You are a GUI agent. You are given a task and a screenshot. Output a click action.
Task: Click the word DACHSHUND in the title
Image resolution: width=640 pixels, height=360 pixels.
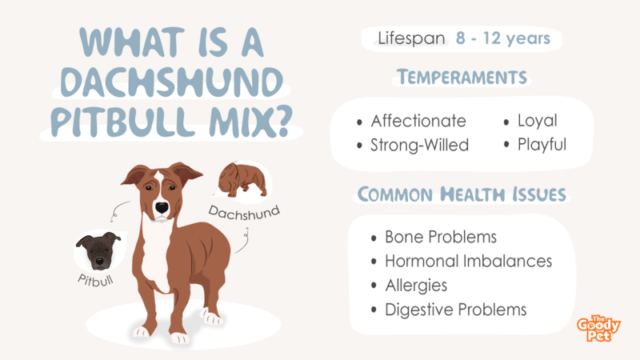172,82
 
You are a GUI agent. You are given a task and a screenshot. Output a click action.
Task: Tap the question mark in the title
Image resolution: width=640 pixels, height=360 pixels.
281,121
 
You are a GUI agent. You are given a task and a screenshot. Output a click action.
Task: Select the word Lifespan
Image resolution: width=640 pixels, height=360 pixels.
411,38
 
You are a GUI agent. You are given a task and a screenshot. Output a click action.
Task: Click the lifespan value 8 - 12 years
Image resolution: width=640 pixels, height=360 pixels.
503,38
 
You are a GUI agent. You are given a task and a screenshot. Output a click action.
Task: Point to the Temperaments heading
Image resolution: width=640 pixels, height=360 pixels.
462,77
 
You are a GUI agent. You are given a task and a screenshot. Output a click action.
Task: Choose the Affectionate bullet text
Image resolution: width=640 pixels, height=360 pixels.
418,121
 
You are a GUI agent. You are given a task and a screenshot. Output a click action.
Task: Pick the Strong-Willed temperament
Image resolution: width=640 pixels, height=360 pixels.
419,146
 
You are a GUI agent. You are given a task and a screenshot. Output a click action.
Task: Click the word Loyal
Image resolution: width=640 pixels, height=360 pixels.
537,121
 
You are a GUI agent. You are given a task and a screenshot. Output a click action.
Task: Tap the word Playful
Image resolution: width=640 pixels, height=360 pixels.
542,145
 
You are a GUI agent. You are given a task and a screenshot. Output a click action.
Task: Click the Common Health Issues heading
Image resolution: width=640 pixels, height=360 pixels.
462,194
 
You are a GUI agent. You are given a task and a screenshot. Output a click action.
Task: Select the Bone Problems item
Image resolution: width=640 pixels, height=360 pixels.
441,237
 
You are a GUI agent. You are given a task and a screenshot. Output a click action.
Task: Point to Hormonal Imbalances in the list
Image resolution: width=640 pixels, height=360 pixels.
469,262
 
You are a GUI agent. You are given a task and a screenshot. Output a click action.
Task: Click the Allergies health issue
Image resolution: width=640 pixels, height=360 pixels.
416,286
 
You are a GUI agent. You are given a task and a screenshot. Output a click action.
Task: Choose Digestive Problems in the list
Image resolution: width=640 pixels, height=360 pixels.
456,310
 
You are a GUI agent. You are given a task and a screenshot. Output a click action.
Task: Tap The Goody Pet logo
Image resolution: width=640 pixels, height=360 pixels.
598,328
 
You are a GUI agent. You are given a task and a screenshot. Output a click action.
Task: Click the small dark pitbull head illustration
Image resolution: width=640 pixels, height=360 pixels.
99,250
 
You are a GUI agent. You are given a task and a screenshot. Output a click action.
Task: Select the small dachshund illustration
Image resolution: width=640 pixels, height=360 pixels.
242,179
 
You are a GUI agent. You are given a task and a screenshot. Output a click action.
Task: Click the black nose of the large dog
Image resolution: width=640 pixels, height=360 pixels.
162,207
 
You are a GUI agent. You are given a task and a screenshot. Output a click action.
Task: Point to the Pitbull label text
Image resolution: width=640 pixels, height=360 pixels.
96,281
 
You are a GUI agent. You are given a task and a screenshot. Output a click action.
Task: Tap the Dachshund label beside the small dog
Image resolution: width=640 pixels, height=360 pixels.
244,213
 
